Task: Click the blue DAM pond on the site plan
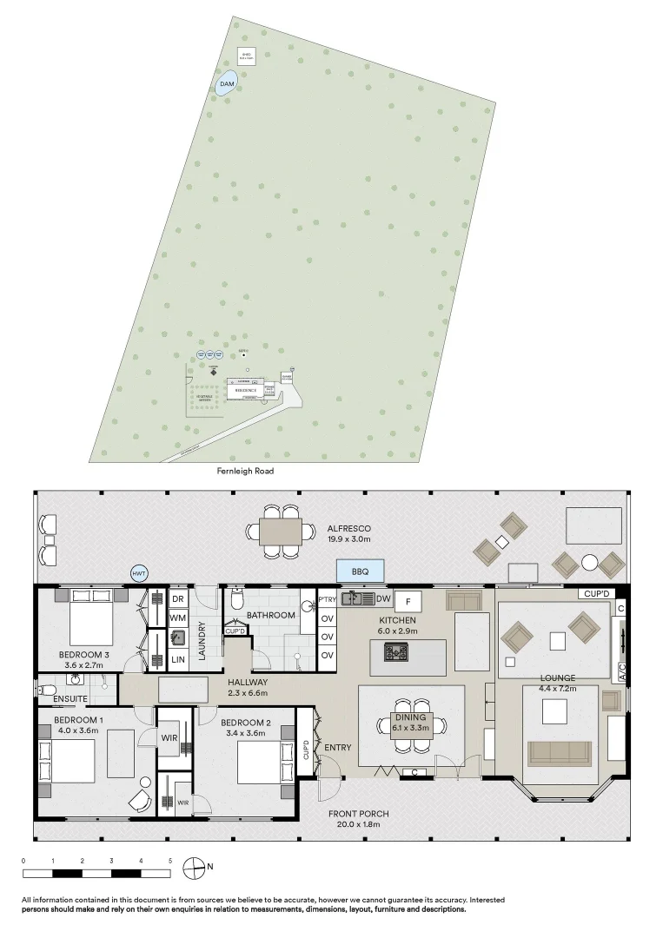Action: coord(226,84)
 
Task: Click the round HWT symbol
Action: coord(139,574)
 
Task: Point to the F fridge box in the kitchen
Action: coord(408,600)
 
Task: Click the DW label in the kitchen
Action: coord(383,599)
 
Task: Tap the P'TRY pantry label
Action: coord(328,600)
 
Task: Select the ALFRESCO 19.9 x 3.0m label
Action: coord(349,533)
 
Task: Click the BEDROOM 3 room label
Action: coord(83,659)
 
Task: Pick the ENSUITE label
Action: coord(70,699)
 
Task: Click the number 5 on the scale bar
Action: coord(170,860)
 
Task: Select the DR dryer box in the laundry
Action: coord(178,599)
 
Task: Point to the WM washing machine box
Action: coord(178,618)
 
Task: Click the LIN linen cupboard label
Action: coord(178,660)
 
